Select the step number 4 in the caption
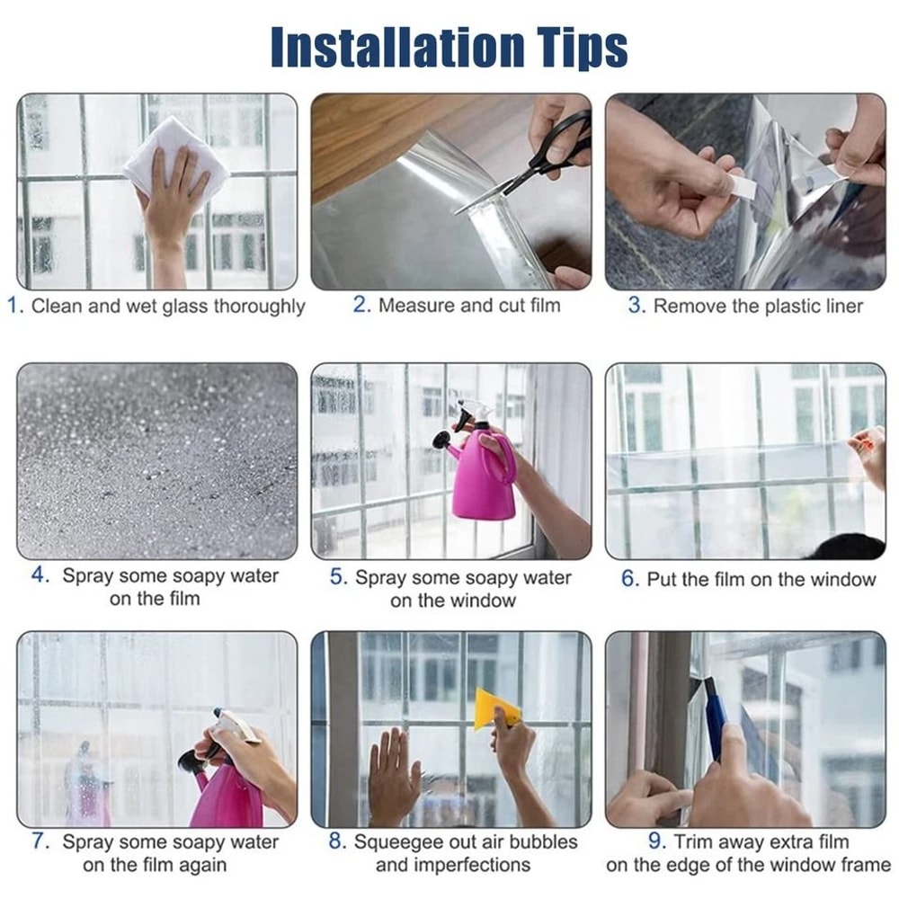point(40,575)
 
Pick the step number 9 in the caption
point(656,841)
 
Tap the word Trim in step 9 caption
point(696,842)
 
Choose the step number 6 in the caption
point(629,579)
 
